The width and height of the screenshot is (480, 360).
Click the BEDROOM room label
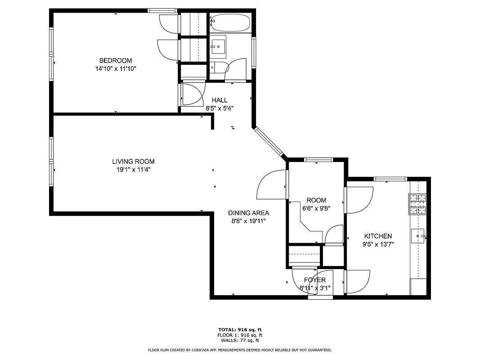(116, 61)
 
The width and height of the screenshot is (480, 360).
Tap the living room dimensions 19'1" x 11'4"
(133, 170)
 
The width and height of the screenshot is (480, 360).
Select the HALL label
(220, 100)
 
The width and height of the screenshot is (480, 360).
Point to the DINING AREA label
(248, 213)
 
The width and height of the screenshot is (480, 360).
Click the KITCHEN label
(378, 236)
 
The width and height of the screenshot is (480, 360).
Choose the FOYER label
(314, 280)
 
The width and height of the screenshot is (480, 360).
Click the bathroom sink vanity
(218, 46)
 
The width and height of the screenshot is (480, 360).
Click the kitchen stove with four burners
(417, 203)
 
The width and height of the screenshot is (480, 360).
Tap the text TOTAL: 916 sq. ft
(240, 329)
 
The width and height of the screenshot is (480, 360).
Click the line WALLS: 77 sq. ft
(240, 341)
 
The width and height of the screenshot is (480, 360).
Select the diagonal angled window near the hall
(269, 142)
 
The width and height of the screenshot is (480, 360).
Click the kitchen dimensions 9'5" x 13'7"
(378, 244)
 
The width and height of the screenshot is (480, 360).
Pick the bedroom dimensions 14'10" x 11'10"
(116, 69)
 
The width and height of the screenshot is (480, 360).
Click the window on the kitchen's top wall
(390, 179)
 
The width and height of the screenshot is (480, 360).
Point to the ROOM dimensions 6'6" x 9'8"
(316, 208)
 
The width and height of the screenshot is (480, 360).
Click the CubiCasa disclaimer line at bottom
(240, 350)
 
